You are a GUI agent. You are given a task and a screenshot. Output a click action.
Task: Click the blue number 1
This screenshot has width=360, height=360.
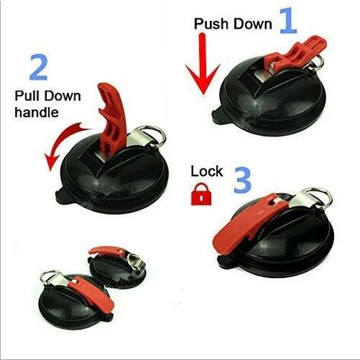click(288, 21)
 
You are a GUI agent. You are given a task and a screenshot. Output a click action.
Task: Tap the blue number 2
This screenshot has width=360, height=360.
click(38, 67)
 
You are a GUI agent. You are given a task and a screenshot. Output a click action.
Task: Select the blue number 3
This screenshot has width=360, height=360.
click(243, 179)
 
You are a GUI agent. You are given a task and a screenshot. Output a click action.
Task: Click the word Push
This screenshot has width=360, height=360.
click(211, 24)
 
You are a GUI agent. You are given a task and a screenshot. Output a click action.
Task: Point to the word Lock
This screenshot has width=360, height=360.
click(207, 171)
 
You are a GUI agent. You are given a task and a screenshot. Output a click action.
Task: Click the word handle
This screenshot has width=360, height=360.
click(37, 113)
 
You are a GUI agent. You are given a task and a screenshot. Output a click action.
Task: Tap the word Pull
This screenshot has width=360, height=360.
click(26, 96)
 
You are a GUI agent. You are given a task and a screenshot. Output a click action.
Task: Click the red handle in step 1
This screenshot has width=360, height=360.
click(293, 54)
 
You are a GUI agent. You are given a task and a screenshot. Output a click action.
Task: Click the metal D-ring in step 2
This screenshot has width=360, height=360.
click(153, 136)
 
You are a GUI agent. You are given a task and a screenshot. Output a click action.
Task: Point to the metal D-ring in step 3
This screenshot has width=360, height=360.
click(319, 198)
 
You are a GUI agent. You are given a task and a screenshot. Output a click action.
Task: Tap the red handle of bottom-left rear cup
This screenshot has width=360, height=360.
click(106, 251)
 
